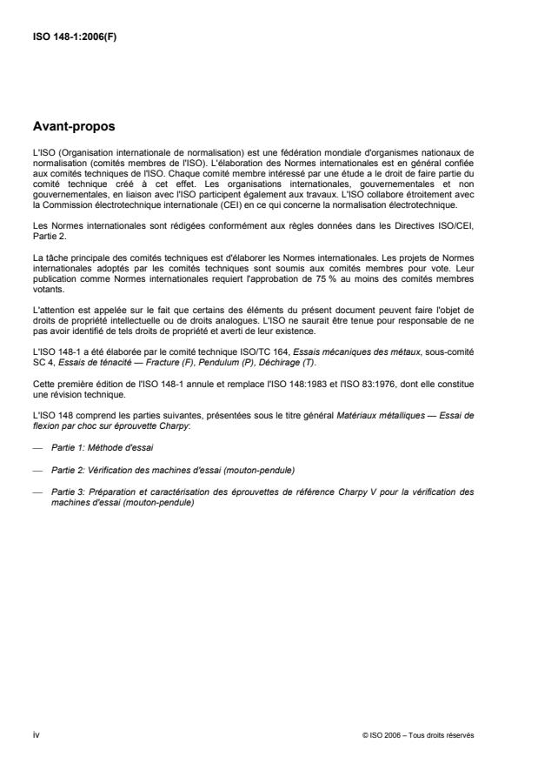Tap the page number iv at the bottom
click(x=36, y=735)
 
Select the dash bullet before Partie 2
click(x=36, y=470)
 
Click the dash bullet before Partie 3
click(x=36, y=492)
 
